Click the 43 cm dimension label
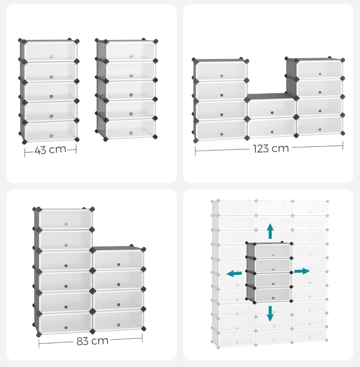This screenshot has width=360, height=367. pos(50,149)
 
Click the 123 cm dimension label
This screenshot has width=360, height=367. pos(270,148)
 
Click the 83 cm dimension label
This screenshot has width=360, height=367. pos(92,341)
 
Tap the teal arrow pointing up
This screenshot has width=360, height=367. pos(270,231)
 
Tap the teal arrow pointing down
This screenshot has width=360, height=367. pos(270,314)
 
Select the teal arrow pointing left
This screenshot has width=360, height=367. pos(234,273)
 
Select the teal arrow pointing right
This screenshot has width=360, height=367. pos(301,271)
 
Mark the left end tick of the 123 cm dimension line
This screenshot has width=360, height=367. pos(195,150)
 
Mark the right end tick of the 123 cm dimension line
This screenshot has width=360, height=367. pos(343,145)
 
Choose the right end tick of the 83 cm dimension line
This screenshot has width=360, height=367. pos(142,338)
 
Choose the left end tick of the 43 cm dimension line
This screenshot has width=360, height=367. pos(25,152)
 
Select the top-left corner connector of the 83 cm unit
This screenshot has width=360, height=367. pos(36,209)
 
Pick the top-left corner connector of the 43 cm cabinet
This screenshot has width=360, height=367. pos(21,40)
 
